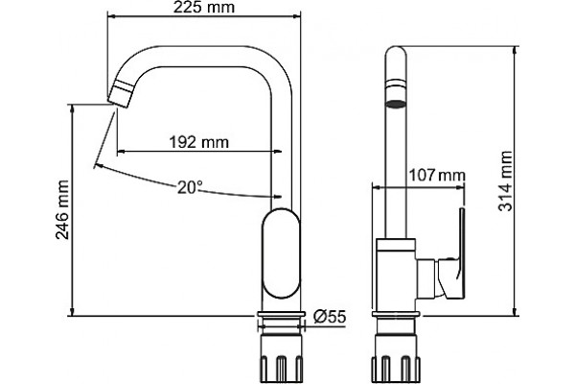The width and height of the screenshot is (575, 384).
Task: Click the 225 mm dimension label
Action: [203, 8]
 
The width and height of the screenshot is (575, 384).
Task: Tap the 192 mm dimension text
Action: [198, 142]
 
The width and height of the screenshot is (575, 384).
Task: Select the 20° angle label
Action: [190, 187]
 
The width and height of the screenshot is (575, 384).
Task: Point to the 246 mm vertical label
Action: [62, 209]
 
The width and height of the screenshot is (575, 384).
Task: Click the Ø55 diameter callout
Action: [330, 316]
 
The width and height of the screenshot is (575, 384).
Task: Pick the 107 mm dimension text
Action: [437, 176]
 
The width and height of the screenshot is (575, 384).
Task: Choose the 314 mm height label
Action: [505, 180]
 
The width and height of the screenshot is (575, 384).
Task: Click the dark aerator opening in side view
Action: [396, 104]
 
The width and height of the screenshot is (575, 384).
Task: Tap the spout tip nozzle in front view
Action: [121, 94]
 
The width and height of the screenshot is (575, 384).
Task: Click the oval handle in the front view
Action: [281, 253]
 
